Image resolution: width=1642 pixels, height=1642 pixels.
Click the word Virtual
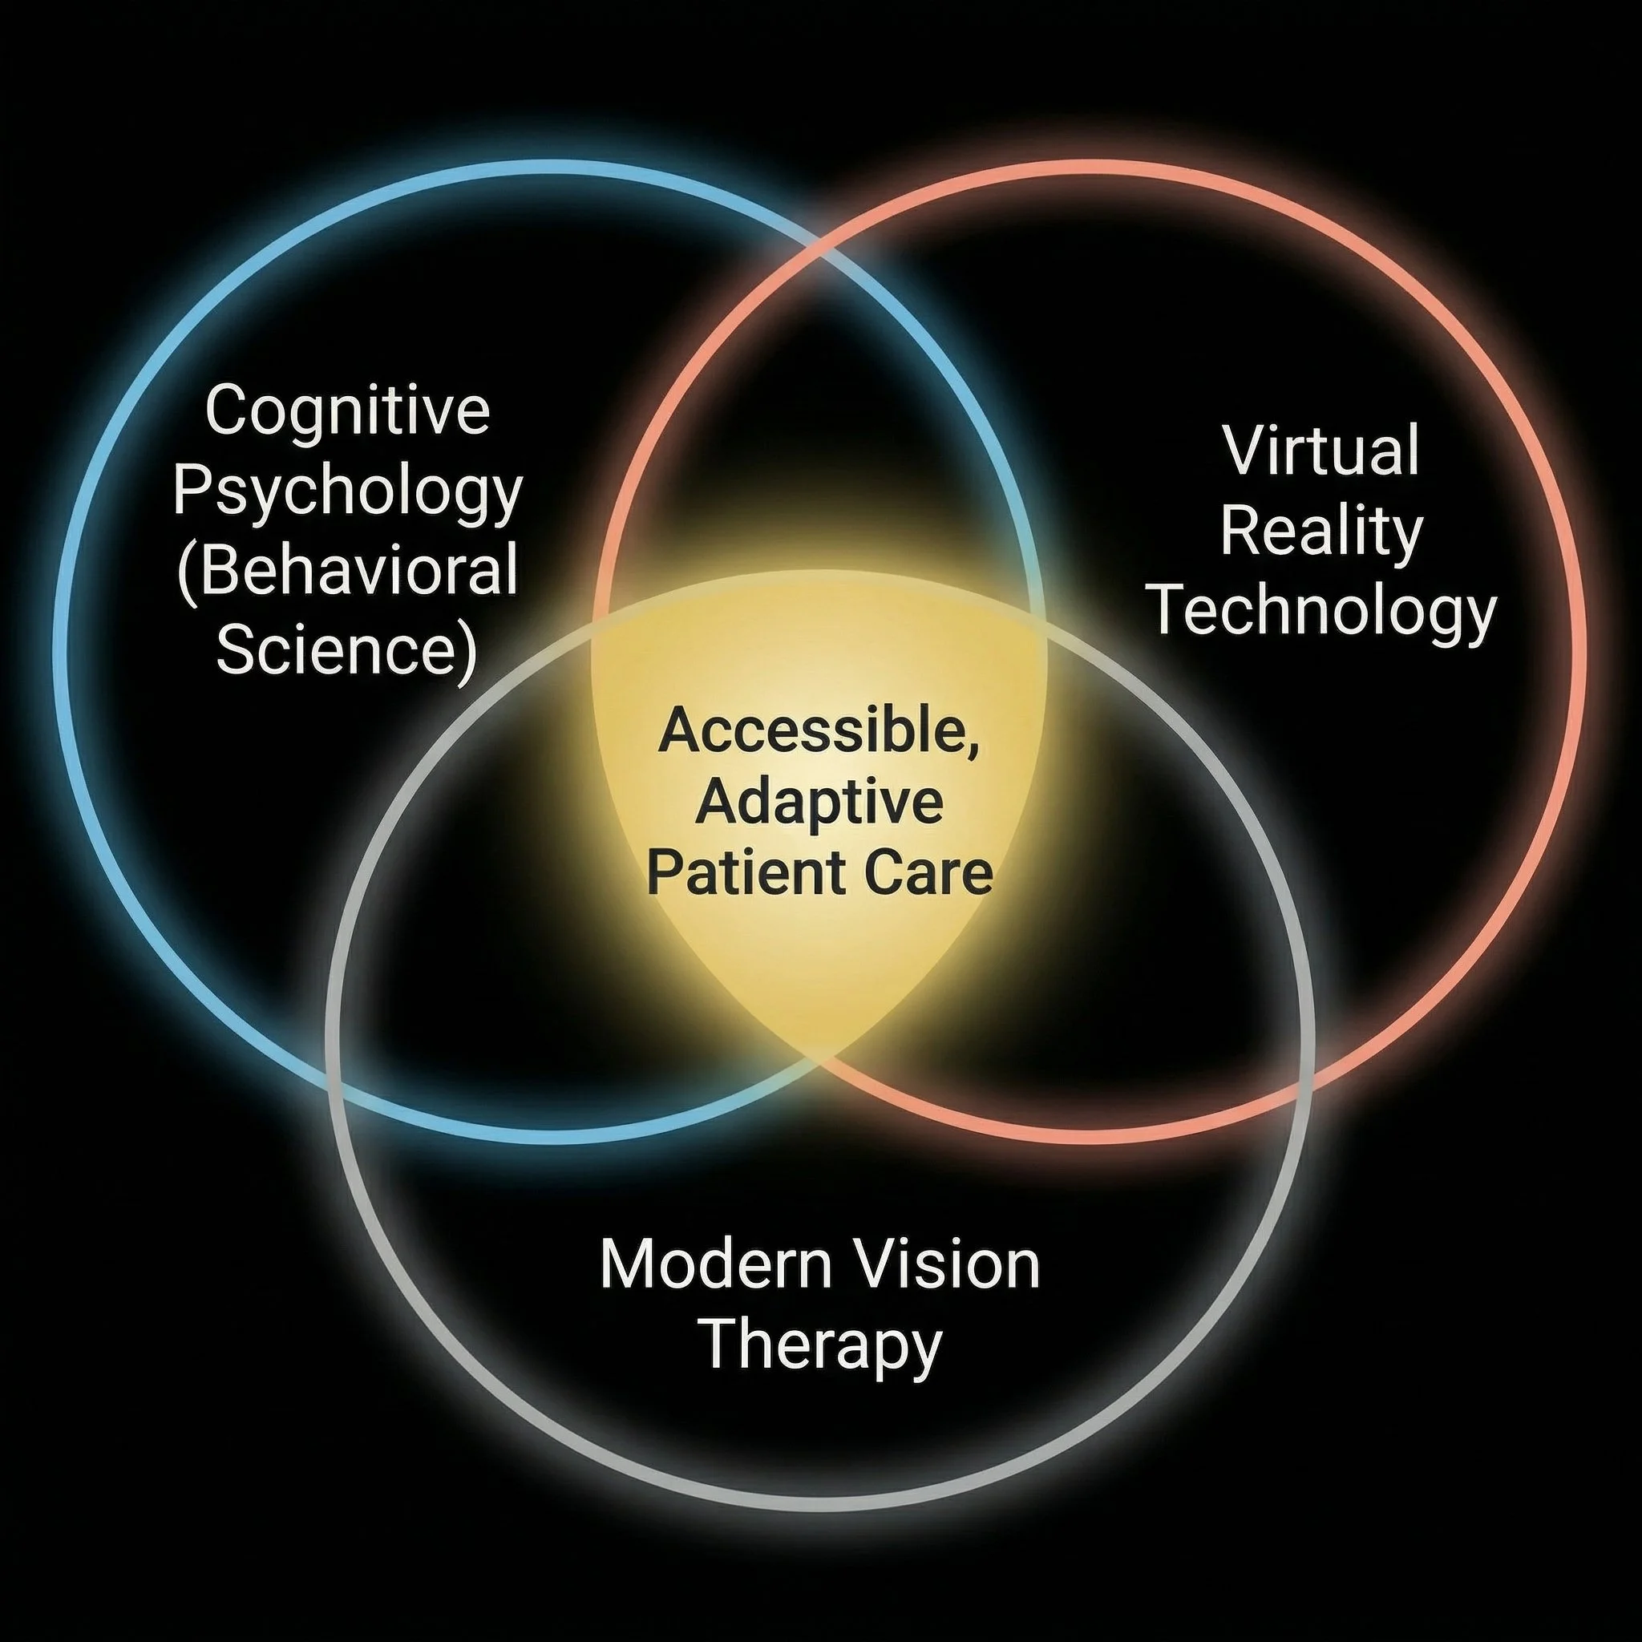[1321, 451]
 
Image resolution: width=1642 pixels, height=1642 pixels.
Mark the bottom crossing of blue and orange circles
[821, 1058]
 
